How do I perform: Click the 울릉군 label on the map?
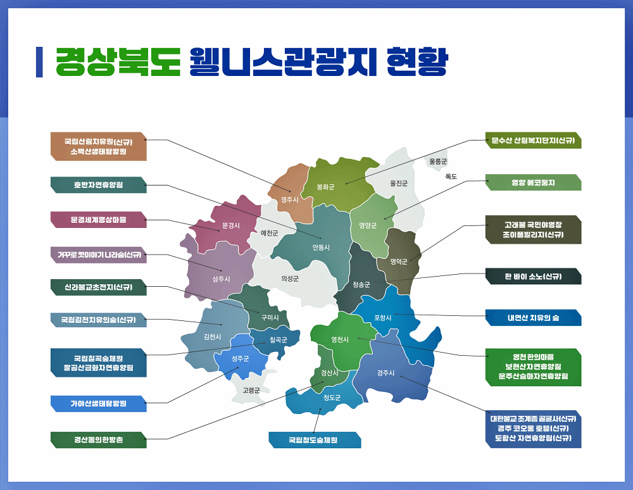[x=438, y=161]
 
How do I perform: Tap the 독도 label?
[x=451, y=177]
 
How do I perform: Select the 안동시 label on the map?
[x=321, y=248]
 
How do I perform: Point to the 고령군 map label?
[x=251, y=391]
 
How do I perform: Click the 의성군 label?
[x=290, y=279]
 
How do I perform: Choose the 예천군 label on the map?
[x=269, y=233]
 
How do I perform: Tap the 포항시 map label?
[x=383, y=318]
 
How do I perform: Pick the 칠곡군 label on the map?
[x=279, y=340]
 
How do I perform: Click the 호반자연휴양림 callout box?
[x=99, y=185]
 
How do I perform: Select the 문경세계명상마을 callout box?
[x=99, y=220]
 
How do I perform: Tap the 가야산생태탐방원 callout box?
[x=99, y=404]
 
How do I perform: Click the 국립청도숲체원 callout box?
[x=315, y=440]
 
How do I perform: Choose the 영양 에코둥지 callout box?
[x=533, y=182]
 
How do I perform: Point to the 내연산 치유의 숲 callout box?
[x=533, y=318]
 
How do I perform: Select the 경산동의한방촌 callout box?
[x=99, y=440]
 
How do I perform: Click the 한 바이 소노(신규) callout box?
[x=533, y=277]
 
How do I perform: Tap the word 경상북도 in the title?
[x=118, y=62]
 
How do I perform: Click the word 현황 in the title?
[x=417, y=62]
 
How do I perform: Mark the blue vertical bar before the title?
[x=39, y=62]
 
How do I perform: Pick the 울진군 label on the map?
[x=399, y=183]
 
